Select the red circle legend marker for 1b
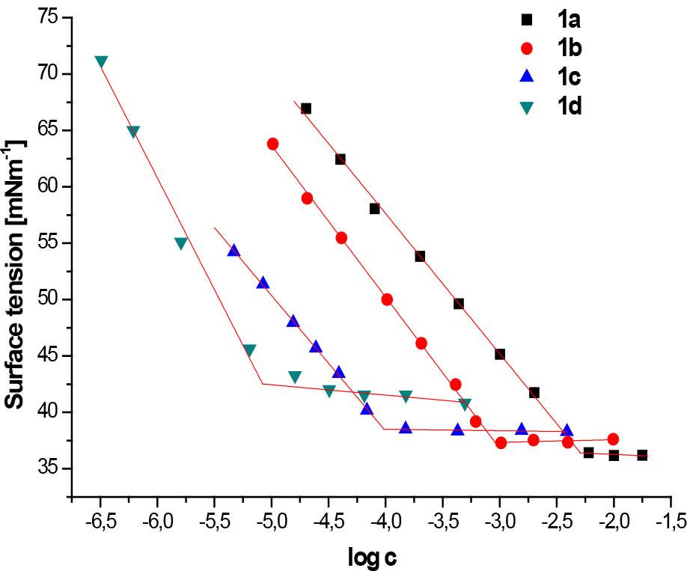click(527, 48)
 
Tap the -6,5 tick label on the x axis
click(100, 519)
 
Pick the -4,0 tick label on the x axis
click(385, 519)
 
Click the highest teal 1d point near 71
click(101, 62)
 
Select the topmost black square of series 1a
click(306, 109)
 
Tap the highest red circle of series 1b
click(272, 144)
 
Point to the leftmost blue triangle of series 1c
click(233, 251)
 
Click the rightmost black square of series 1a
click(642, 455)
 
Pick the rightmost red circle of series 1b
click(613, 439)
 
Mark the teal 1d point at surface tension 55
click(180, 243)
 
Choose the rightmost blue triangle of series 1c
click(567, 430)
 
